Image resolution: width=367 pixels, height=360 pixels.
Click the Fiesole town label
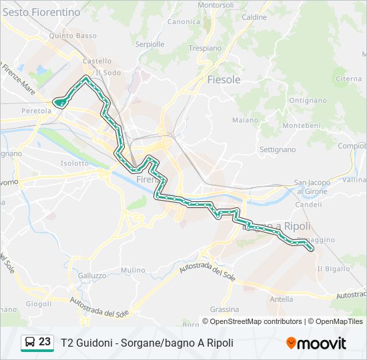pyautogui.click(x=224, y=79)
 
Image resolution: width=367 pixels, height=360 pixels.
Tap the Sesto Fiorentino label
pyautogui.click(x=41, y=12)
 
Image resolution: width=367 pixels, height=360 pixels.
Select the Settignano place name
pyautogui.click(x=277, y=149)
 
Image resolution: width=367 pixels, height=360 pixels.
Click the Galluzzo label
pyautogui.click(x=92, y=275)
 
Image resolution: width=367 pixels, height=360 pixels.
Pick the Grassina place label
pyautogui.click(x=224, y=309)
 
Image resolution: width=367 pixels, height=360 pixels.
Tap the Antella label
pyautogui.click(x=281, y=299)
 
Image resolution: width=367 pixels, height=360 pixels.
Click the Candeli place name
pyautogui.click(x=308, y=205)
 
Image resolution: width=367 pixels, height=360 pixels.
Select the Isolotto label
pyautogui.click(x=74, y=163)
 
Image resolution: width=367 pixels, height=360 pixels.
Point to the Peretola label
pyautogui.click(x=36, y=111)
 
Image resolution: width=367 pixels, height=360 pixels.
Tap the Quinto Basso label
pyautogui.click(x=77, y=36)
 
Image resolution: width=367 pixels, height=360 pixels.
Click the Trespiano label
pyautogui.click(x=205, y=48)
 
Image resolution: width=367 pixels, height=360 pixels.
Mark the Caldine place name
pyautogui.click(x=254, y=17)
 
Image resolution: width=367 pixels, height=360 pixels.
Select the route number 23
pyautogui.click(x=45, y=342)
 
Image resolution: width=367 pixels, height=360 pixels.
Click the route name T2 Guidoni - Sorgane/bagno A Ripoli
pyautogui.click(x=147, y=343)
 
